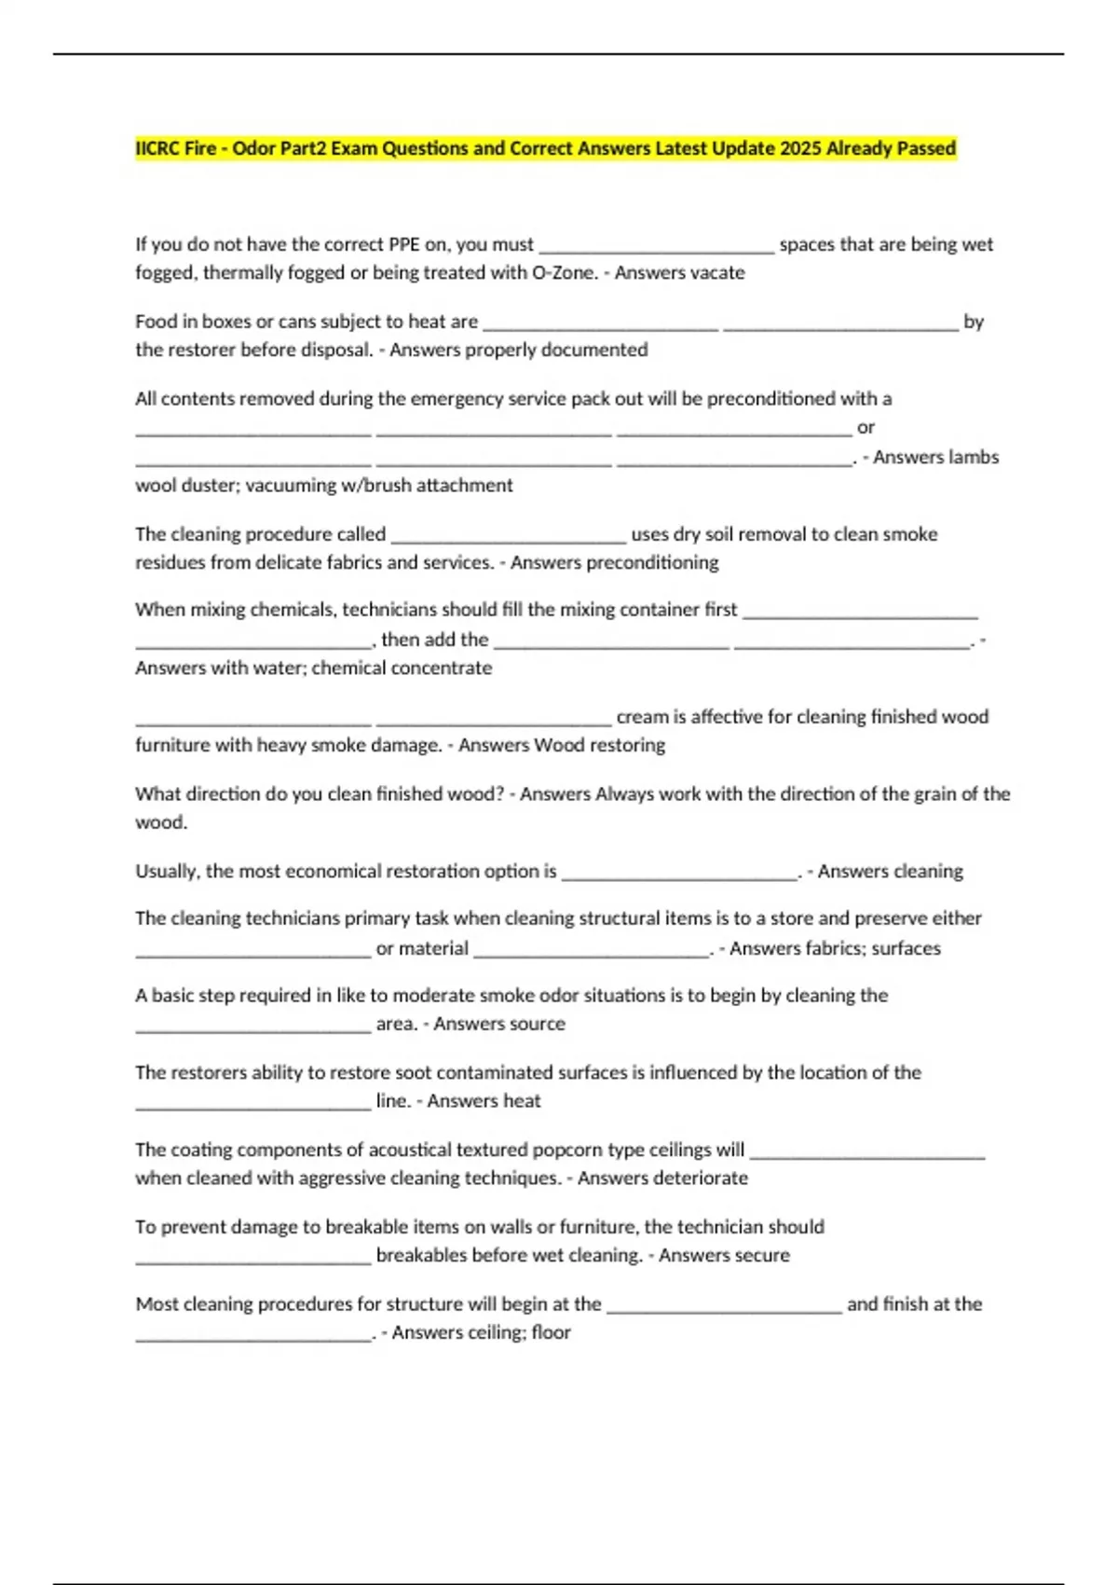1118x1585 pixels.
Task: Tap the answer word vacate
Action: pyautogui.click(x=715, y=272)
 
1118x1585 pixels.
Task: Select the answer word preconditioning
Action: pyautogui.click(x=660, y=562)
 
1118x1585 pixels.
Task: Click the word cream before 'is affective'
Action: pyautogui.click(x=641, y=717)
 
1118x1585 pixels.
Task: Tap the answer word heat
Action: pyautogui.click(x=521, y=1100)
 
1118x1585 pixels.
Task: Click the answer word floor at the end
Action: pyautogui.click(x=551, y=1332)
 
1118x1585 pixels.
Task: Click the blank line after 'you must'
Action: pyautogui.click(x=657, y=249)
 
